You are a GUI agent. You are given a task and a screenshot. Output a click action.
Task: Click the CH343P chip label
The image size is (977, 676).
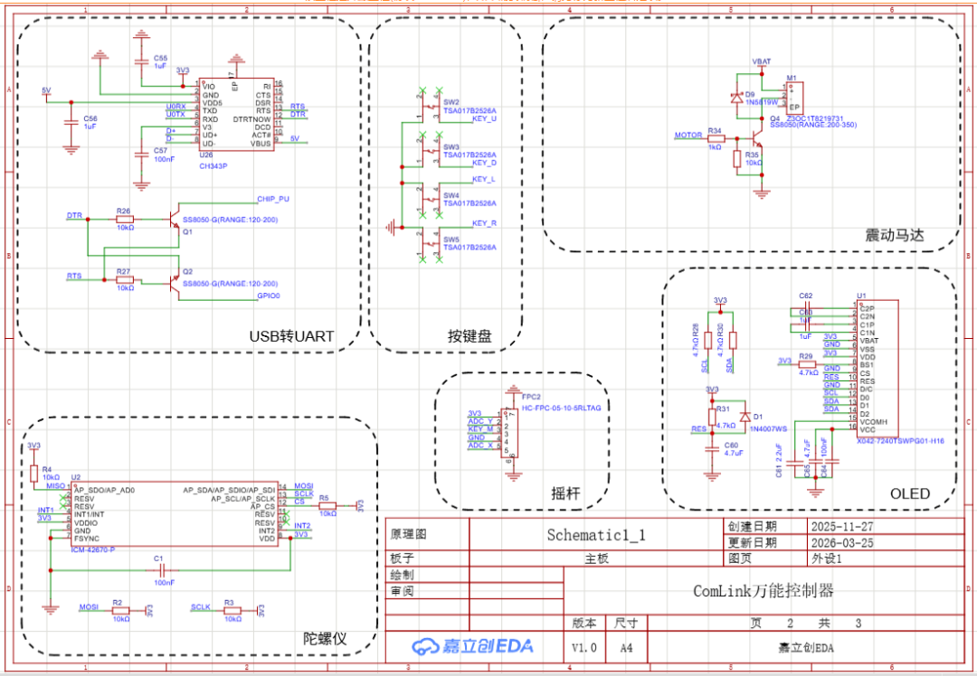pos(213,165)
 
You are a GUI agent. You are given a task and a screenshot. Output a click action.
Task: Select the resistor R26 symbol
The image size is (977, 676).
pos(124,218)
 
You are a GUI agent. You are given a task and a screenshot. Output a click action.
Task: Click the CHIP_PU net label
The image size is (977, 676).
pos(273,198)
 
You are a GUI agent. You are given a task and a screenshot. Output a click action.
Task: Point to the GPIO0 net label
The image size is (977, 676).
pos(269,296)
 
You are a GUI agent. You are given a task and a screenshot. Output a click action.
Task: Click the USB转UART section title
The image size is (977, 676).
pos(291,336)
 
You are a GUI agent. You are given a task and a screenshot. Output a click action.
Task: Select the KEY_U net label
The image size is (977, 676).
pos(485,119)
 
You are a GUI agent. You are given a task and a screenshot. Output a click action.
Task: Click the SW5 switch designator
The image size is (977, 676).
pos(451,239)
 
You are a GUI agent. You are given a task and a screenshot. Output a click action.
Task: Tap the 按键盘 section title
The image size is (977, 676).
pos(470,336)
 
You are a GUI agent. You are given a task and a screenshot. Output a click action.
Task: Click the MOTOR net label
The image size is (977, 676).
pos(688,136)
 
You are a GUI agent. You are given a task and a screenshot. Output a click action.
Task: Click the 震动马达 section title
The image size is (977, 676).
pos(895,235)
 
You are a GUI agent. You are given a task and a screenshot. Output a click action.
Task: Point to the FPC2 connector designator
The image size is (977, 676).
pos(531,397)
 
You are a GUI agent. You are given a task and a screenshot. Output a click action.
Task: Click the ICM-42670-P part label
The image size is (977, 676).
pos(94,548)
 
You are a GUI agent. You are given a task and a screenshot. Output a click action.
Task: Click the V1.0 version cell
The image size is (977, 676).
pos(583,647)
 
